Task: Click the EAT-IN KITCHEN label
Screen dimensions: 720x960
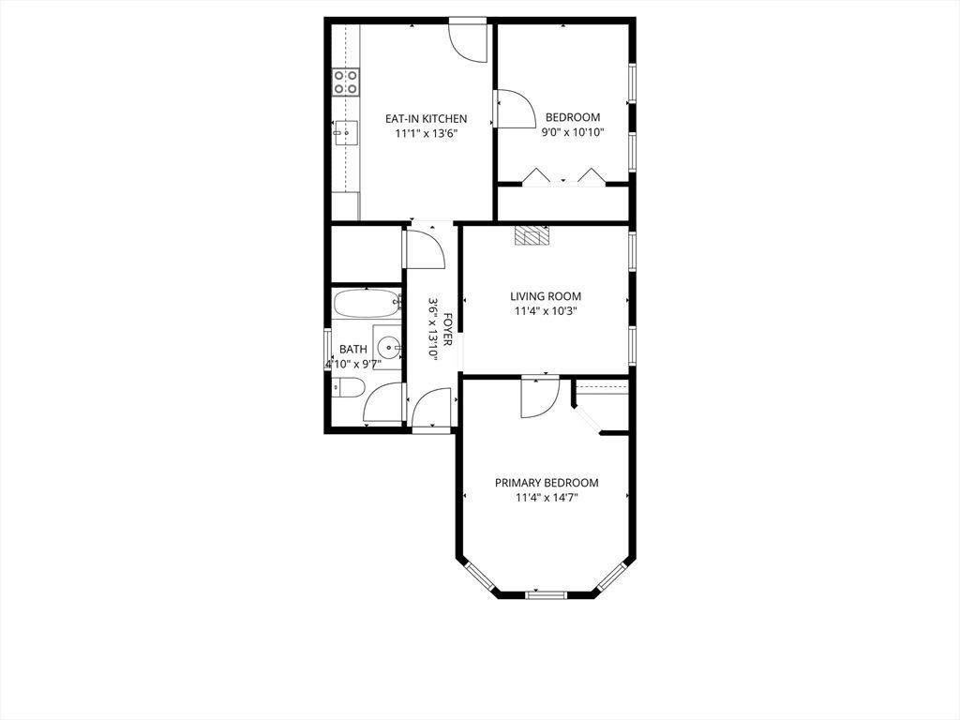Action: pyautogui.click(x=427, y=119)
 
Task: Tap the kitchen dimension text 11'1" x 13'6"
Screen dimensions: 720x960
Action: pyautogui.click(x=427, y=134)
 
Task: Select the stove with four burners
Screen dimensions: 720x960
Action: pyautogui.click(x=347, y=82)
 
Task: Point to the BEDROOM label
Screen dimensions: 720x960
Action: pyautogui.click(x=572, y=117)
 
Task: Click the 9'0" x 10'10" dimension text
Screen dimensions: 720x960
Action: pyautogui.click(x=572, y=132)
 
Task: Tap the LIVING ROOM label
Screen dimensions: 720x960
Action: pyautogui.click(x=546, y=296)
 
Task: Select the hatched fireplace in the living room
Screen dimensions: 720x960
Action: pyautogui.click(x=530, y=235)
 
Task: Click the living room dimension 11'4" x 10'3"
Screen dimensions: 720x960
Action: pyautogui.click(x=546, y=311)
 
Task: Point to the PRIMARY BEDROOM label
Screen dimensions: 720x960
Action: pyautogui.click(x=547, y=483)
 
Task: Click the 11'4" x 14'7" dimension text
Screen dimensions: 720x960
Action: pyautogui.click(x=547, y=498)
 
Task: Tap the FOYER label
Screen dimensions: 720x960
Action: pyautogui.click(x=448, y=329)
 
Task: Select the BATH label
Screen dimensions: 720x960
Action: pyautogui.click(x=353, y=349)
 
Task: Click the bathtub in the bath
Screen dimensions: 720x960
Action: pyautogui.click(x=366, y=305)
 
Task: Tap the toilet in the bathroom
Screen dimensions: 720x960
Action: pyautogui.click(x=346, y=387)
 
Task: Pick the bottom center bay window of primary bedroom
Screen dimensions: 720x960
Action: pyautogui.click(x=547, y=594)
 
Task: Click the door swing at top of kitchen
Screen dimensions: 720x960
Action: pyautogui.click(x=467, y=40)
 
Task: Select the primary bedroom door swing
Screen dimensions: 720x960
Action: pyautogui.click(x=538, y=396)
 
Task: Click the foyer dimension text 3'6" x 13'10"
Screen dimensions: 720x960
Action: pyautogui.click(x=433, y=329)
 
